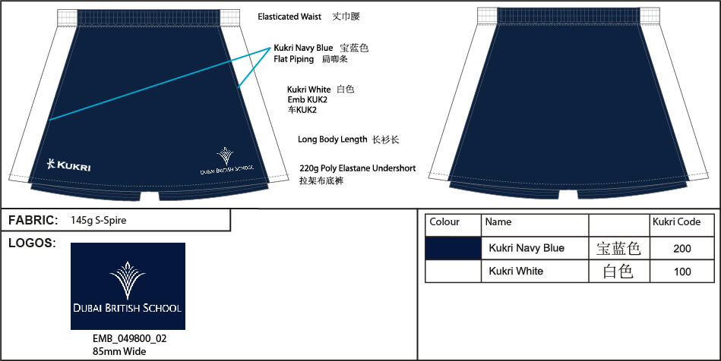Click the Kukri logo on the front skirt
pyautogui.click(x=68, y=165)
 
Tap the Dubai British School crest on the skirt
pyautogui.click(x=226, y=161)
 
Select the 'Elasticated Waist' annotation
pyautogui.click(x=289, y=17)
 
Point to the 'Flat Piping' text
pyautogui.click(x=293, y=59)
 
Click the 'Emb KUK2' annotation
pyautogui.click(x=307, y=99)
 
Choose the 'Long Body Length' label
pyautogui.click(x=333, y=139)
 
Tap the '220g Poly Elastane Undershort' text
pyautogui.click(x=357, y=168)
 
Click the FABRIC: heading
pyautogui.click(x=33, y=221)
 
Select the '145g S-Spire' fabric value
pyautogui.click(x=99, y=221)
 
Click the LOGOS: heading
pyautogui.click(x=32, y=243)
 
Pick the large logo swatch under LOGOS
pyautogui.click(x=128, y=286)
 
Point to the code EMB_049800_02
pyautogui.click(x=130, y=339)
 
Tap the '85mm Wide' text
pyautogui.click(x=119, y=352)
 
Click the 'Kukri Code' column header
pyautogui.click(x=676, y=222)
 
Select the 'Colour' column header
pyautogui.click(x=444, y=222)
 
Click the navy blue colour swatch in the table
pyautogui.click(x=453, y=249)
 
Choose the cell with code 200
pyautogui.click(x=682, y=249)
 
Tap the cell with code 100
pyautogui.click(x=682, y=272)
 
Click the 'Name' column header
pyautogui.click(x=498, y=222)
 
